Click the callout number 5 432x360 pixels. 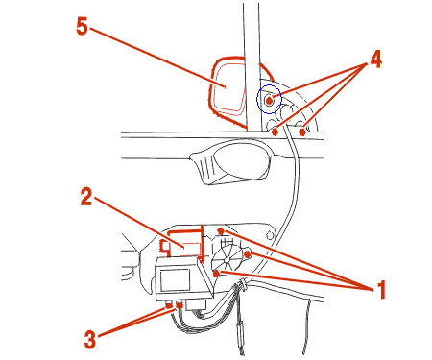(82, 26)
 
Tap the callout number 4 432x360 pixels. (375, 60)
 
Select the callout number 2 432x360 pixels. (86, 197)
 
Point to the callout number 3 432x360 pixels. (89, 339)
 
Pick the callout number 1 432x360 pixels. (380, 290)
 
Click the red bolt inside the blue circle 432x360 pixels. (269, 101)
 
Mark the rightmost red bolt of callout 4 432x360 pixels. (302, 132)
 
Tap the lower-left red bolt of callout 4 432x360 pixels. (275, 132)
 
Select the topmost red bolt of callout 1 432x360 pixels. (221, 230)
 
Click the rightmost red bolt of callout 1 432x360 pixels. (247, 254)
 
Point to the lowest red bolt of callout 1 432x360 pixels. (216, 274)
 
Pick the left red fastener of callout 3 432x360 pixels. (169, 306)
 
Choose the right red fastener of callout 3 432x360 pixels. (180, 306)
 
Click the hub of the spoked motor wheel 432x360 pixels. (227, 260)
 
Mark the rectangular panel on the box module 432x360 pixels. (175, 280)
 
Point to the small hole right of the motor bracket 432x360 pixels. (270, 236)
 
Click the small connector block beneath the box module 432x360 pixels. (196, 304)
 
